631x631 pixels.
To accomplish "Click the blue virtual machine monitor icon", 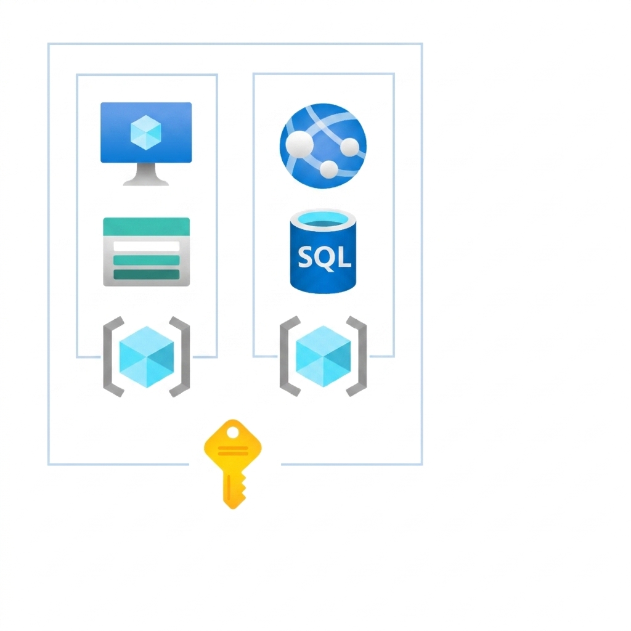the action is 146,144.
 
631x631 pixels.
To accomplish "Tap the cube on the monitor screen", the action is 146,132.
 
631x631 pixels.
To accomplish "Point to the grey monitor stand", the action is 145,174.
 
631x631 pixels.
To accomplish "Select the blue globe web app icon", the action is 323,145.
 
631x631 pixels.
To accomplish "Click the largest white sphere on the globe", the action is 299,145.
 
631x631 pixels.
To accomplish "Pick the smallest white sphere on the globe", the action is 329,169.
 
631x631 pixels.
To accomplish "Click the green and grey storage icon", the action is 147,252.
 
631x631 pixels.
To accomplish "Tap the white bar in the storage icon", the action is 147,246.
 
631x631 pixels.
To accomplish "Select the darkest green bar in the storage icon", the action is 147,274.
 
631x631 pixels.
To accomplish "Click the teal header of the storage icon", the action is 147,227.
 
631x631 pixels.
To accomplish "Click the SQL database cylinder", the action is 323,251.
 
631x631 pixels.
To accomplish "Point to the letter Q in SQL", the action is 324,258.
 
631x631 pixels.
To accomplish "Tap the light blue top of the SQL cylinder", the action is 323,220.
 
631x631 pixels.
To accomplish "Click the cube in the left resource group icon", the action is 147,357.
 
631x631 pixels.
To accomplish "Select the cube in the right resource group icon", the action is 323,356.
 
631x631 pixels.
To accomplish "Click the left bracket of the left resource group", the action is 113,357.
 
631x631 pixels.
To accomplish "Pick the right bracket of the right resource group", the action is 357,356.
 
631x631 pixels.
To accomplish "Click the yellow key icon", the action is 233,464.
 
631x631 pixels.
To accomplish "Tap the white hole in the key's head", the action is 232,433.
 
